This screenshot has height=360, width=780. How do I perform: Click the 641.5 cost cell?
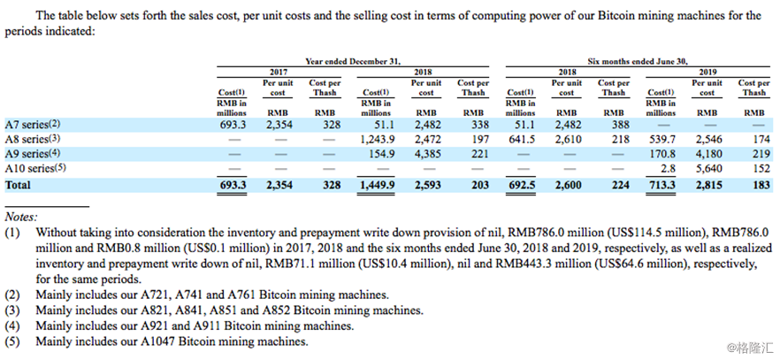[523, 139]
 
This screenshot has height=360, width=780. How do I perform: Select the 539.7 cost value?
[662, 139]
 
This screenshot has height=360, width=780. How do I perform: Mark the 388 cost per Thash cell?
[613, 125]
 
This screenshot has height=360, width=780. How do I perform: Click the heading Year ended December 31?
[354, 61]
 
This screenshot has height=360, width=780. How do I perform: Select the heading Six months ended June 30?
[637, 61]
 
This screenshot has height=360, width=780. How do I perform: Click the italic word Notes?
[23, 216]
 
